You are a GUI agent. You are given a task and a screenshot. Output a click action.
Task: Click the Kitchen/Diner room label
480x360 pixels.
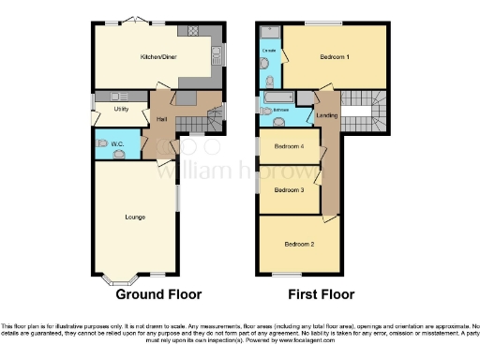tap(157, 57)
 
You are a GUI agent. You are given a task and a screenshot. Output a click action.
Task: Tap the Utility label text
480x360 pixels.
tap(121, 109)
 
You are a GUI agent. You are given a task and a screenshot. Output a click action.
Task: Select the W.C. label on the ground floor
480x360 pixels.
tap(117, 143)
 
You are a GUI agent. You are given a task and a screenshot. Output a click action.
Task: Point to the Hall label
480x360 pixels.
tap(160, 119)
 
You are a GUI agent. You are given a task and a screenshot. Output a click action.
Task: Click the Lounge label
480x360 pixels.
tap(135, 217)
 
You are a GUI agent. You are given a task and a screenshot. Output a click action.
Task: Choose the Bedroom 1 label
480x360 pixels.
tap(335, 57)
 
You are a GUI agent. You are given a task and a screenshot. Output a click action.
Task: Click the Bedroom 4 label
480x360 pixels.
tap(287, 147)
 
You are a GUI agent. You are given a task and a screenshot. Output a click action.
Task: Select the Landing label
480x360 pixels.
tap(327, 116)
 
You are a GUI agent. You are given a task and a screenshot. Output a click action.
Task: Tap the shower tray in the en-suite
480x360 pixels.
tap(269, 32)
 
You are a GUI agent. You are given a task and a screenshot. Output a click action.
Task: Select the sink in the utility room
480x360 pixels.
tap(119, 96)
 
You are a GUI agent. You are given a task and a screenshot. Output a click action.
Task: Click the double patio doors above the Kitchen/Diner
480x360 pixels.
tap(138, 21)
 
